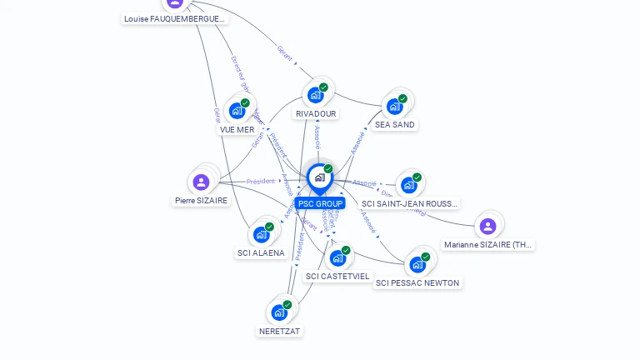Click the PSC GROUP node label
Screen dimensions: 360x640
tap(320, 203)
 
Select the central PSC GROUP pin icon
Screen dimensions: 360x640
tap(319, 177)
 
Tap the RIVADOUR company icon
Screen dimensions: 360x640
tap(315, 95)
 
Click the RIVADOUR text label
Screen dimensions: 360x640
tap(316, 113)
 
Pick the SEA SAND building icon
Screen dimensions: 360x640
tap(394, 107)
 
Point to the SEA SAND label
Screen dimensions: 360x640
tap(395, 125)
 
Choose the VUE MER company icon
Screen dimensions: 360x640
tap(237, 111)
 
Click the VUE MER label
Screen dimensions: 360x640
tap(237, 129)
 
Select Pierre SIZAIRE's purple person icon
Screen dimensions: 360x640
tap(201, 182)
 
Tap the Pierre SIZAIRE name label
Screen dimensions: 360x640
tap(201, 200)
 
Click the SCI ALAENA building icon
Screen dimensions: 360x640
tap(261, 235)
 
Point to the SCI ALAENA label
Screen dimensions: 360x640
tap(261, 253)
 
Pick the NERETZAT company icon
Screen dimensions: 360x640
tap(279, 313)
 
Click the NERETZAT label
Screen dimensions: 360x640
tap(280, 331)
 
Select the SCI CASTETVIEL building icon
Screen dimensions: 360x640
tap(337, 258)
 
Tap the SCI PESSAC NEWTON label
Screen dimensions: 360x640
tap(417, 283)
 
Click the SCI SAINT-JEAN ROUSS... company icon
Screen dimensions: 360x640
tap(408, 185)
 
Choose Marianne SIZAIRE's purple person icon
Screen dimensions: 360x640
tap(488, 226)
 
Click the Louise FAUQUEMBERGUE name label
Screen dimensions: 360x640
tap(174, 18)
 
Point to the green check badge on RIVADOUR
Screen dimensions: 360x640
tap(323, 87)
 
